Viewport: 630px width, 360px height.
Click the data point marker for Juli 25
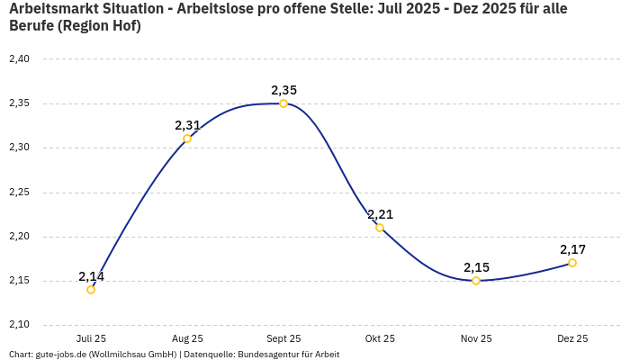91,290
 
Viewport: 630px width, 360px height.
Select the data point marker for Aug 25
187,139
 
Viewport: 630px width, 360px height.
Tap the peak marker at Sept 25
283,103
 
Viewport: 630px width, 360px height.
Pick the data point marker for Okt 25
380,228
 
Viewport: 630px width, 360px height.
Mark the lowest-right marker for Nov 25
476,281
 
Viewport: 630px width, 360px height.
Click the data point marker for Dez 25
572,263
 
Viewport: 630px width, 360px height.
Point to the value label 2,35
283,90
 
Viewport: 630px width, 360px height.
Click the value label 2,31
187,125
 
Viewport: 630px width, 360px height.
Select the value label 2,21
380,214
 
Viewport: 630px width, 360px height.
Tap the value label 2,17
572,249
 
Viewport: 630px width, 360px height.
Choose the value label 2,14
91,276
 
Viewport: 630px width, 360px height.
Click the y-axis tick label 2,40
19,59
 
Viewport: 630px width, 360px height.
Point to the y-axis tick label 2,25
19,193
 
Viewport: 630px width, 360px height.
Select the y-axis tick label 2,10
19,325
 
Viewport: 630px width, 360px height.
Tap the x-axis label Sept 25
283,338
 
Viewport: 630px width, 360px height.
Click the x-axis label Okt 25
380,338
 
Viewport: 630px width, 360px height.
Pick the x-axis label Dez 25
572,338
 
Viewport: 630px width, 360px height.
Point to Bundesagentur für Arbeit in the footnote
288,354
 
